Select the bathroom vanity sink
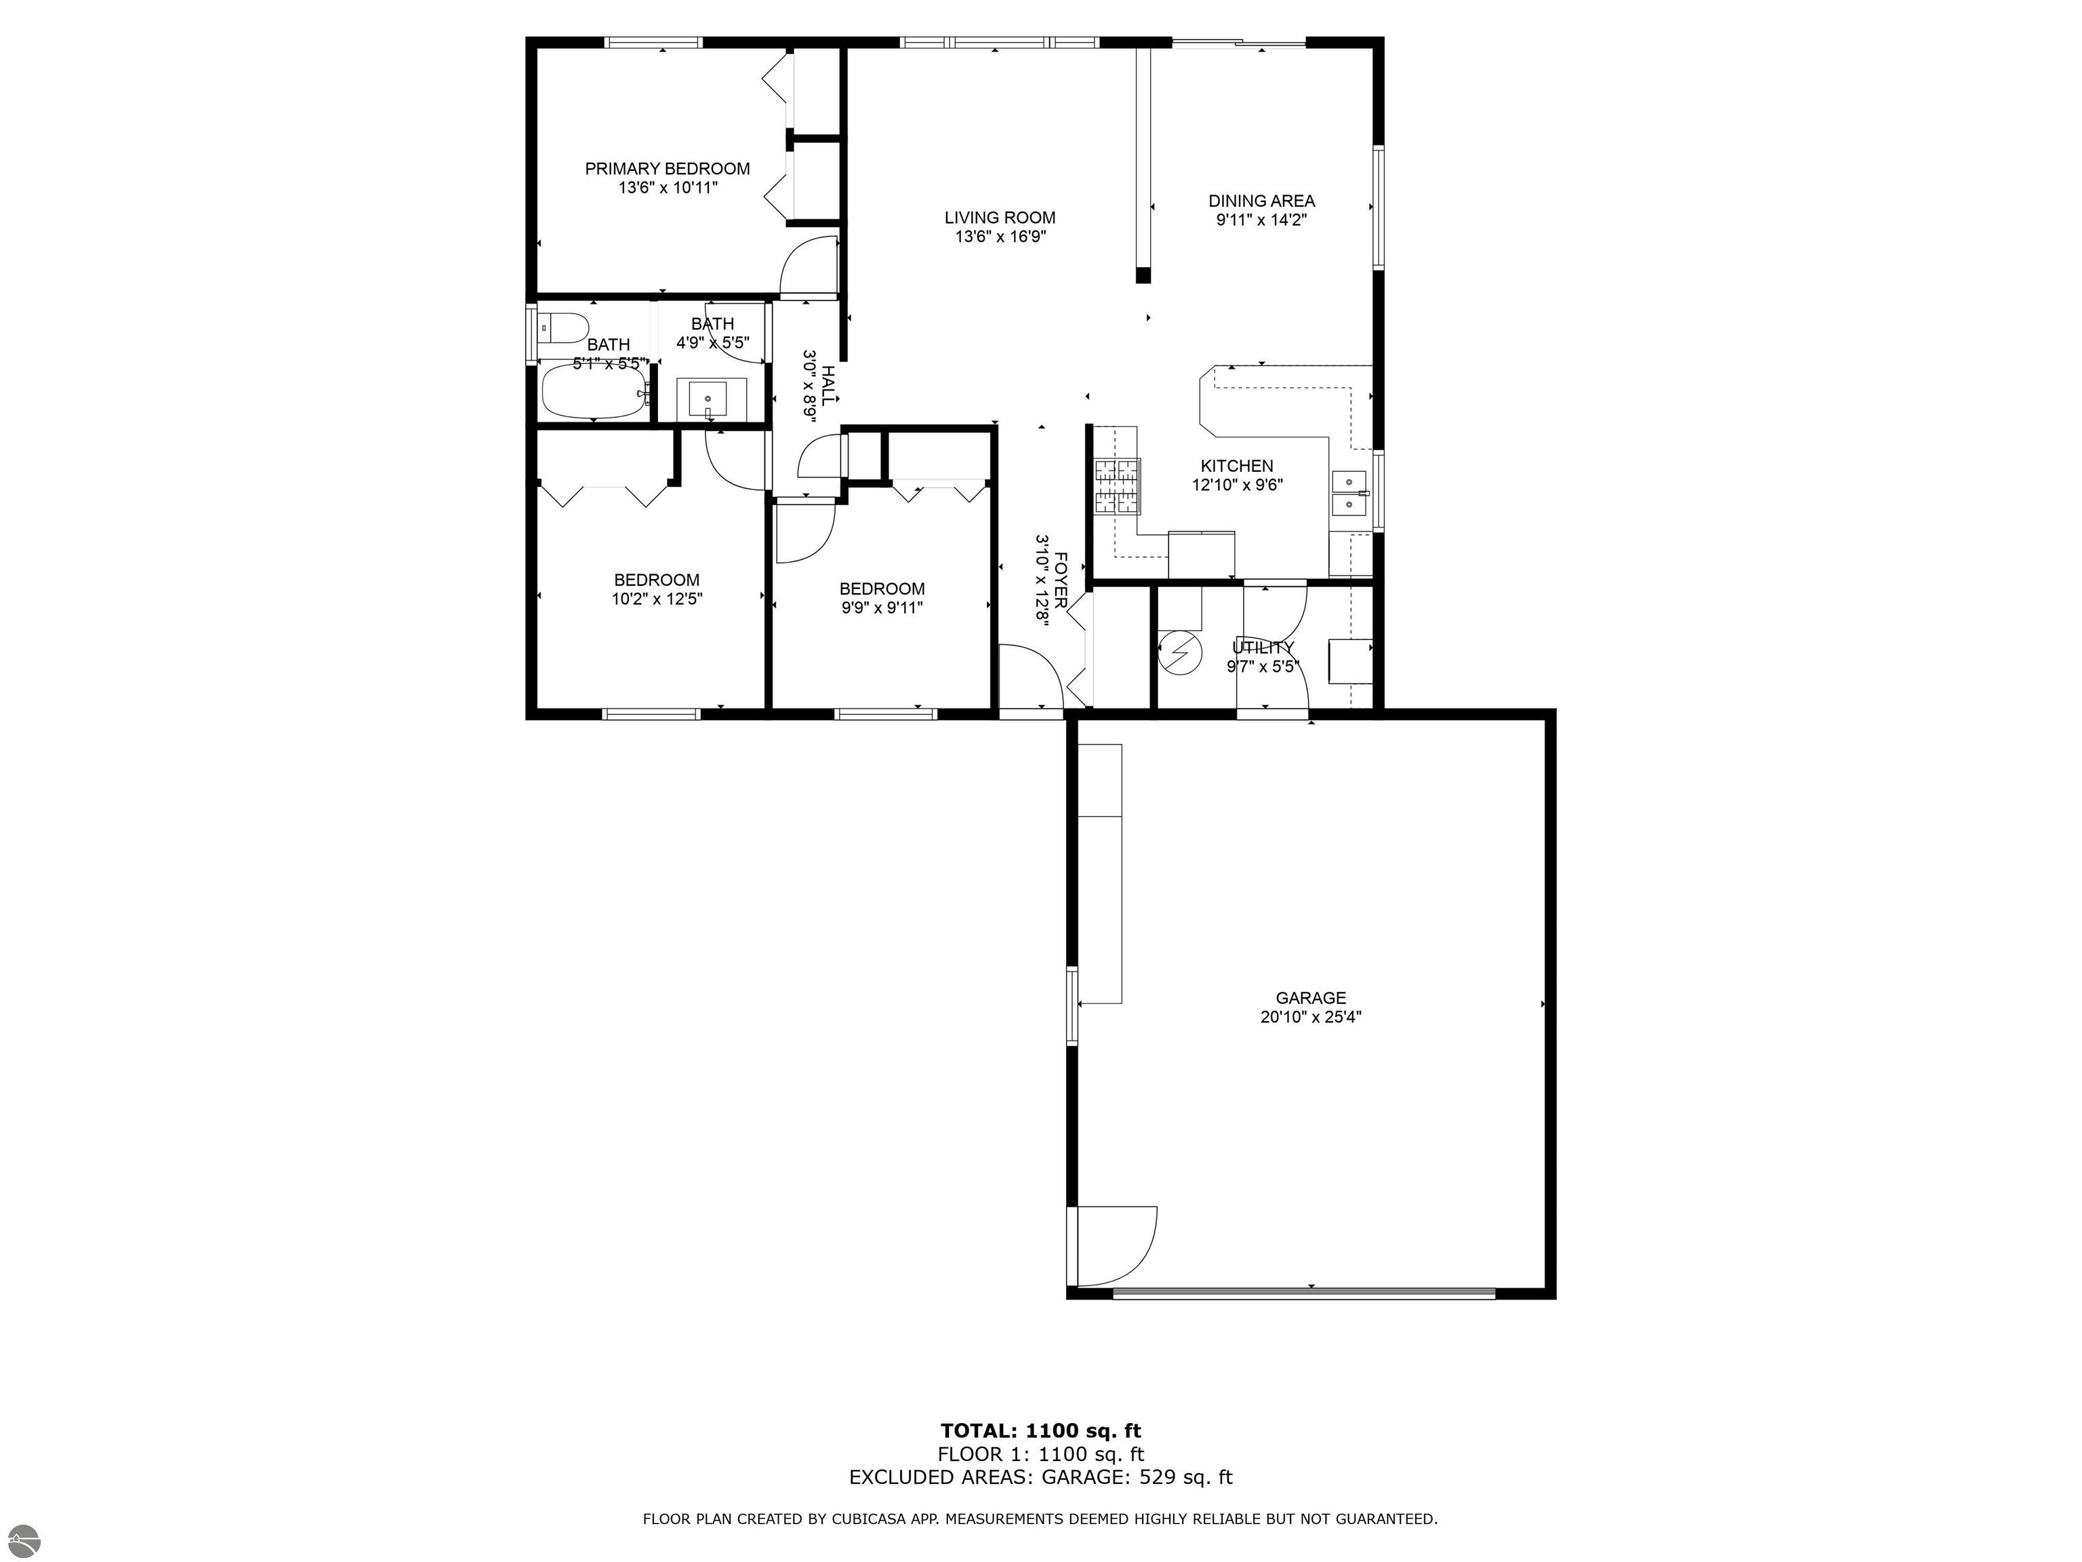click(x=708, y=399)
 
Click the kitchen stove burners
click(x=1116, y=487)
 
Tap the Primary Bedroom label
click(x=668, y=169)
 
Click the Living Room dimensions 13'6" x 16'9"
click(x=1000, y=237)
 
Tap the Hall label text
click(x=828, y=385)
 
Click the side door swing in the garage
click(x=1116, y=1244)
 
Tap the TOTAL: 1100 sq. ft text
click(x=1040, y=1432)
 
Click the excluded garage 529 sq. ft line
click(x=1040, y=1477)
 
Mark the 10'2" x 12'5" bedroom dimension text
click(x=657, y=598)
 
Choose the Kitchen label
click(x=1237, y=466)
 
